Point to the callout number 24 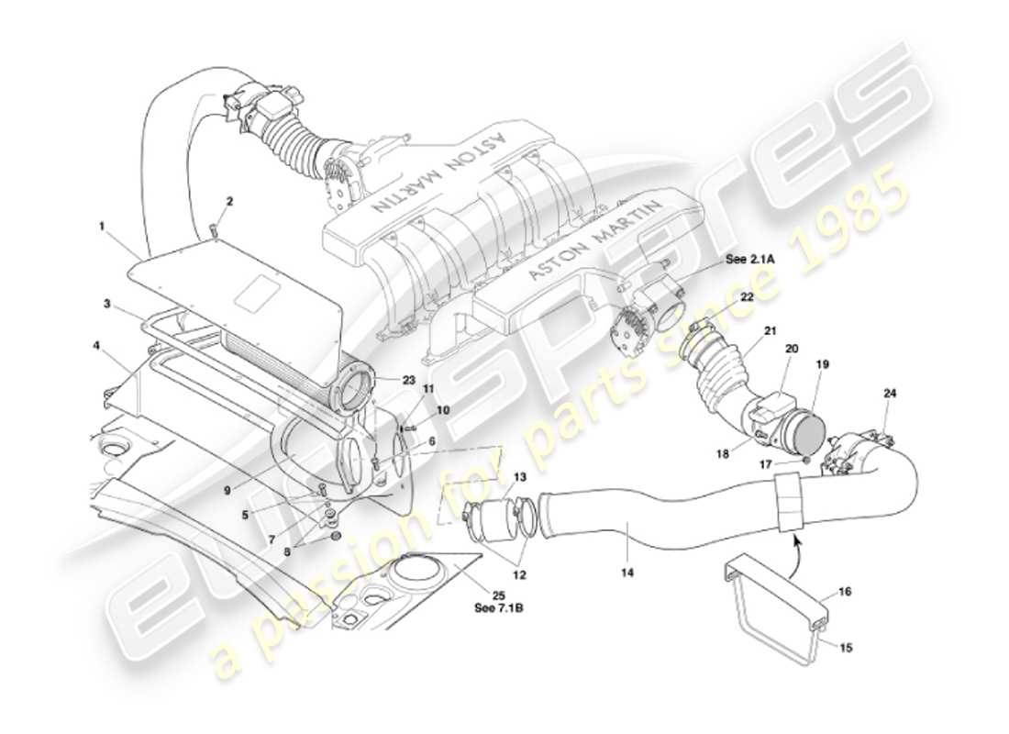tap(890, 393)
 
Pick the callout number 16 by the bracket tap(846, 594)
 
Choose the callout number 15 tap(846, 647)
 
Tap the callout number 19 tap(823, 363)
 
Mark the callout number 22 tap(748, 295)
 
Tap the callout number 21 tap(771, 330)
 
